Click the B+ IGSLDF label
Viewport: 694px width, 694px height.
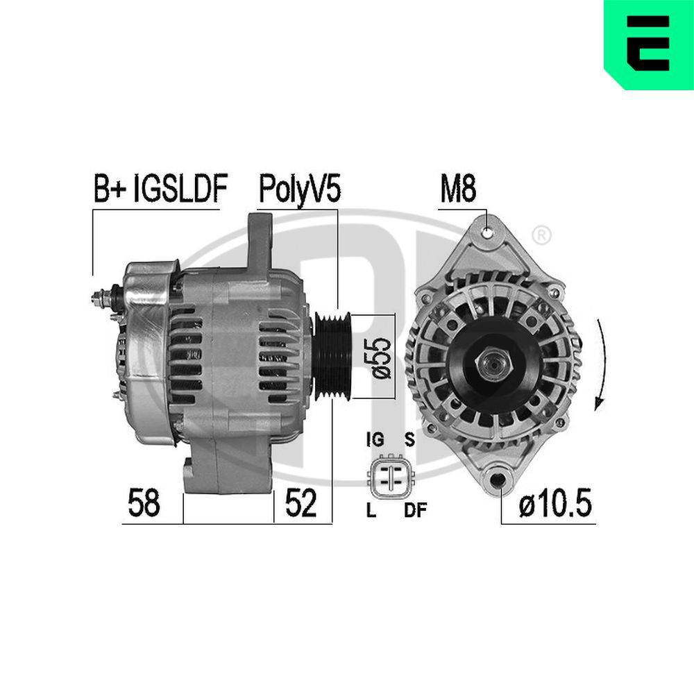160,189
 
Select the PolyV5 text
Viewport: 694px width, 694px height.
299,189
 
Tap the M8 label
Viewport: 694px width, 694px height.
458,189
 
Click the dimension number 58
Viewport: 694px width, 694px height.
144,502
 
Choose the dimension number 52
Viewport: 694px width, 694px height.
301,502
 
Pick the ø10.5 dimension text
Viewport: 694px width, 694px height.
555,504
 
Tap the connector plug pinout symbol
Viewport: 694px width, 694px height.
391,477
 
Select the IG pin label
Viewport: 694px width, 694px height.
374,440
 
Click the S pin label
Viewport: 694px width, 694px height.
409,440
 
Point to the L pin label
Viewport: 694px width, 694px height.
371,512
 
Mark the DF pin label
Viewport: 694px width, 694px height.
415,512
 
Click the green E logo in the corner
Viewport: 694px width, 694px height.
649,44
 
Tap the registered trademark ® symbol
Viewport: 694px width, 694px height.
543,235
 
